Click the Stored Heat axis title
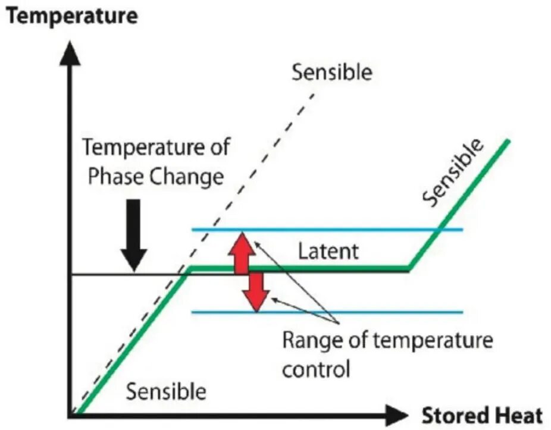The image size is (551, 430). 482,416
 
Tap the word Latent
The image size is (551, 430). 328,251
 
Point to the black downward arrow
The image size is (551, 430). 134,235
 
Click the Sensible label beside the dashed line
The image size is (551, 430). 331,72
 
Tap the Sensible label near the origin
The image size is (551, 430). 166,392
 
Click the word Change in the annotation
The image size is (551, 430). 185,177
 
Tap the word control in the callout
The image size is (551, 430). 315,369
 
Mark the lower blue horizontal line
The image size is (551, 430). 357,312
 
